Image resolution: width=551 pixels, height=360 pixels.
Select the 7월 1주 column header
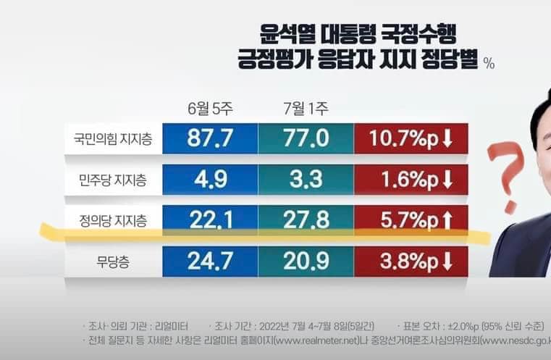point(306,109)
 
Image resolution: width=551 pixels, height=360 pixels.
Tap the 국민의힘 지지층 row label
point(112,138)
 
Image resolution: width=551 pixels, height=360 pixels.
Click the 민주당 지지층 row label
point(112,179)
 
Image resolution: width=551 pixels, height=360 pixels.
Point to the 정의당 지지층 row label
point(112,219)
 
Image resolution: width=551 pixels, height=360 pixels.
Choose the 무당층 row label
point(112,260)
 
